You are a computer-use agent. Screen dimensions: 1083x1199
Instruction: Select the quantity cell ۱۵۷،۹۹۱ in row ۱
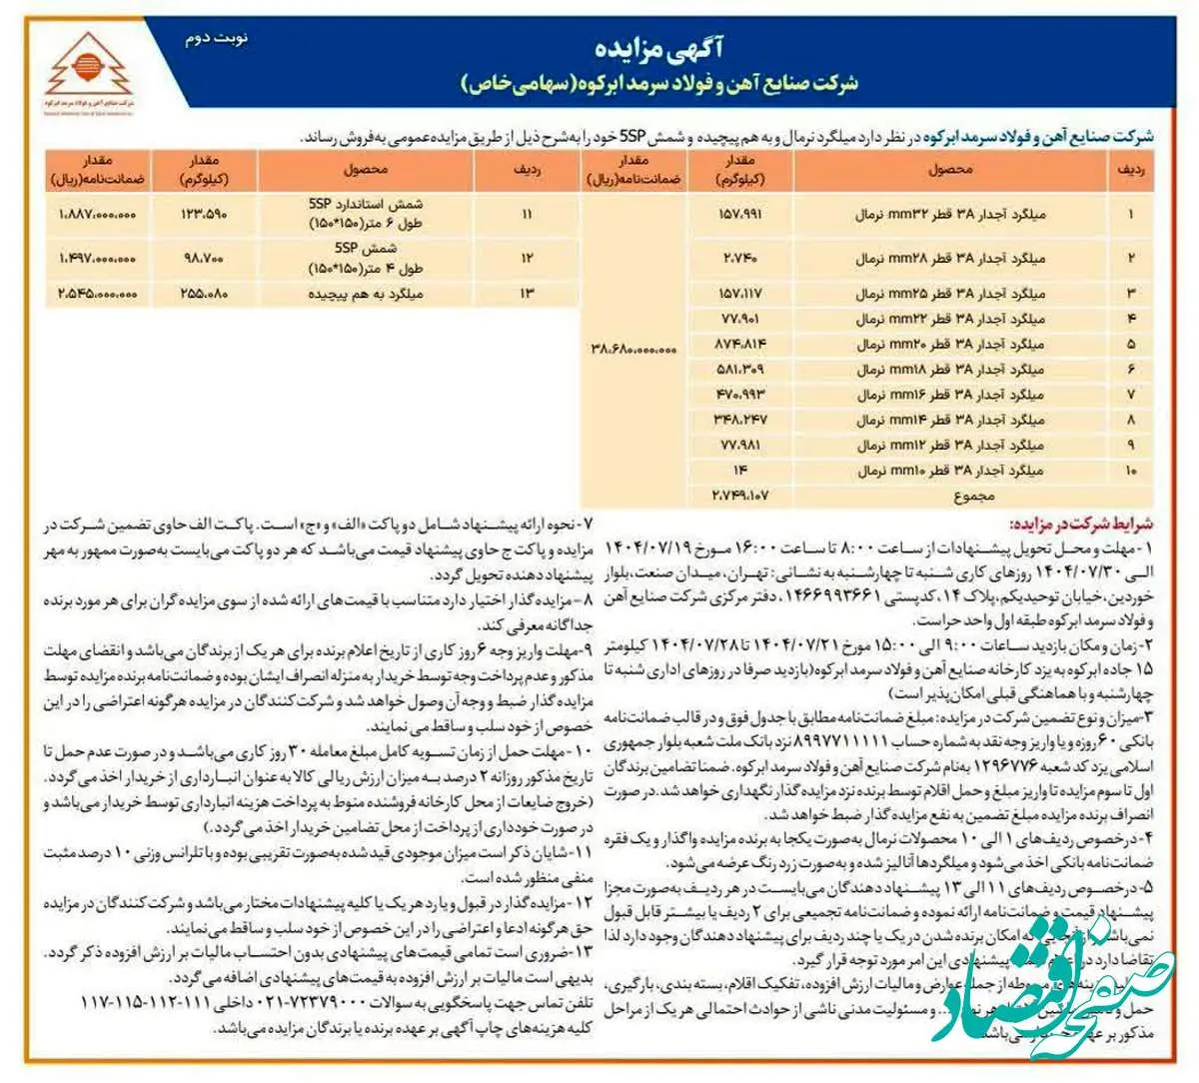pyautogui.click(x=740, y=214)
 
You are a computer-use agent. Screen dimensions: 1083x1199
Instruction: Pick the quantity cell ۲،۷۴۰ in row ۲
pyautogui.click(x=740, y=258)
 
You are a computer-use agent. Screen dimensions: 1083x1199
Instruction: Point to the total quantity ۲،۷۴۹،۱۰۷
pyautogui.click(x=740, y=494)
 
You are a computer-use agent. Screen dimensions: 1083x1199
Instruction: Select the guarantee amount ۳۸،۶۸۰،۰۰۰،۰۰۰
pyautogui.click(x=633, y=350)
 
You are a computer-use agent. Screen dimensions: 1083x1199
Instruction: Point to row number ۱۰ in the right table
pyautogui.click(x=1130, y=470)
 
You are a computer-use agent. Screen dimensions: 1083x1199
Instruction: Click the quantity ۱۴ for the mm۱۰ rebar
pyautogui.click(x=740, y=470)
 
